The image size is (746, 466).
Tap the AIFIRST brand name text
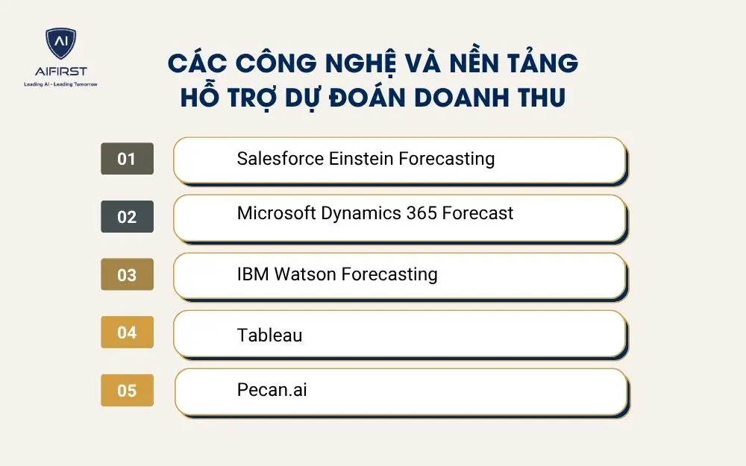tap(60, 72)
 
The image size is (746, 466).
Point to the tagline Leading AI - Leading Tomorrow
tap(60, 84)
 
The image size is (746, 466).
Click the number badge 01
tap(127, 159)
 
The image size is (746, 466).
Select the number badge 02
tap(127, 217)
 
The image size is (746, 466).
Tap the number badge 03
tap(127, 274)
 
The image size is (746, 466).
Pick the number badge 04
tap(127, 333)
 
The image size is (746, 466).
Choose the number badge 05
tap(127, 390)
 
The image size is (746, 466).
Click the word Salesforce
tap(280, 159)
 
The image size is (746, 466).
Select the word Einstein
tap(361, 159)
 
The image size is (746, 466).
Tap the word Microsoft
tap(275, 213)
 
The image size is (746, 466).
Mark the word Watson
tap(305, 274)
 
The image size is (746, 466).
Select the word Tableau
tap(269, 336)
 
